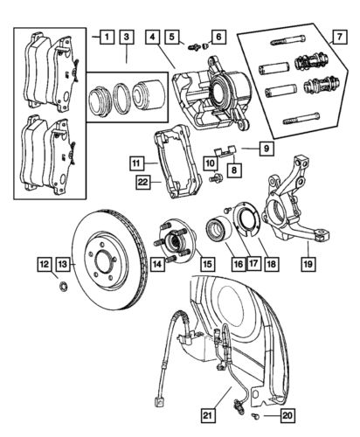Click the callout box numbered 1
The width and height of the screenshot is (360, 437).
[x=105, y=38]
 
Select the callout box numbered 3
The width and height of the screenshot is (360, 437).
[x=127, y=38]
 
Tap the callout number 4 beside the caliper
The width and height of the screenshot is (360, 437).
[x=153, y=38]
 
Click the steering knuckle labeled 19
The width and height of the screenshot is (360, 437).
[x=295, y=205]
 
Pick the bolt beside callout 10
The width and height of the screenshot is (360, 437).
[x=218, y=178]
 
